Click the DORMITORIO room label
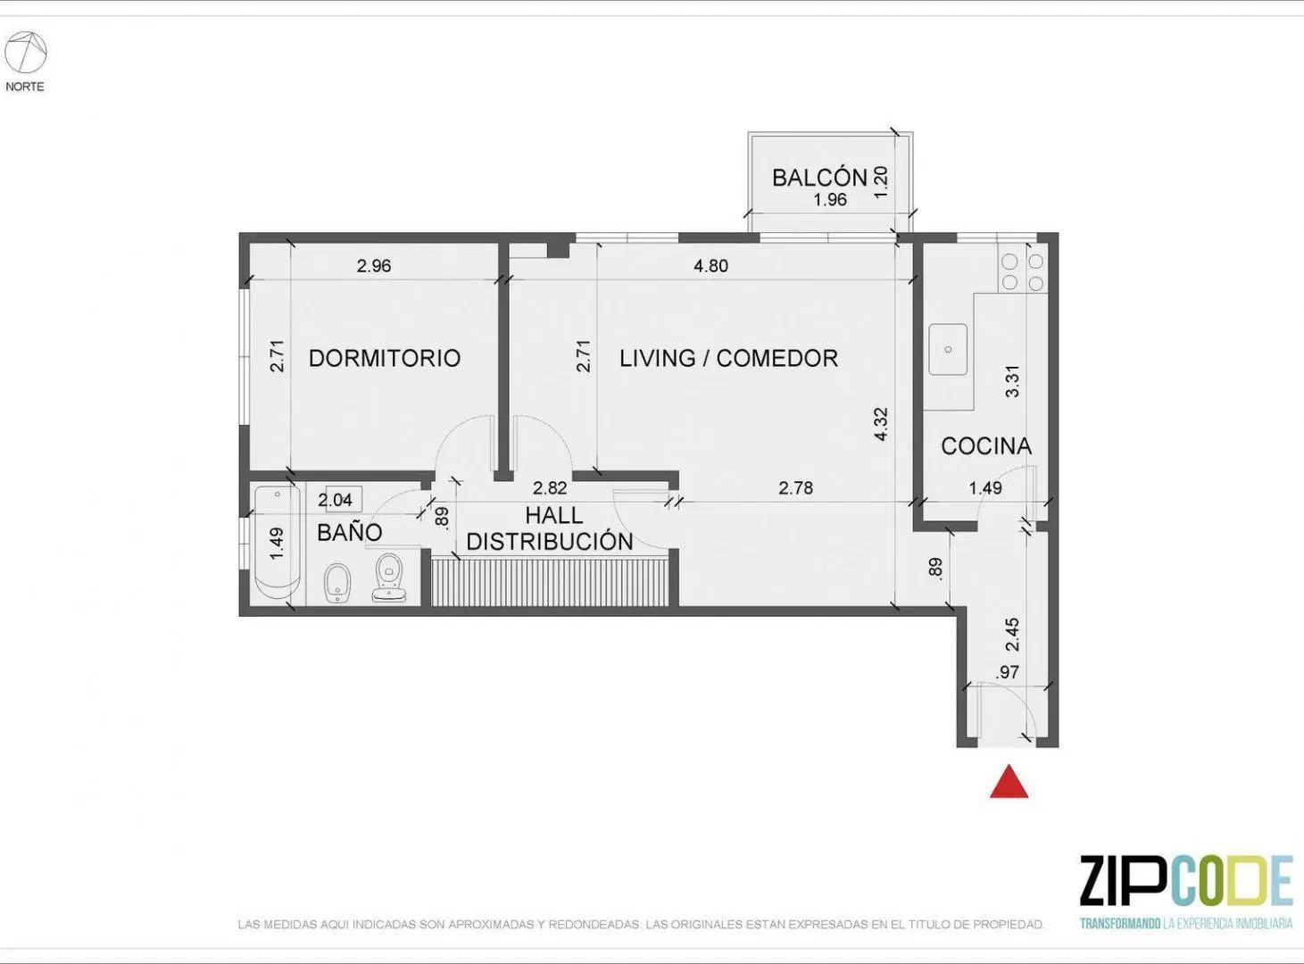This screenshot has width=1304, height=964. (385, 358)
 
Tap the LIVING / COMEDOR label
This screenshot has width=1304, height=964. (728, 358)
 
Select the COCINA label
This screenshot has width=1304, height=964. (986, 446)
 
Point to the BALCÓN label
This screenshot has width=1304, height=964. (819, 177)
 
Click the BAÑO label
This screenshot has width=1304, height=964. (349, 532)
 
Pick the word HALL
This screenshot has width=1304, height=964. (553, 516)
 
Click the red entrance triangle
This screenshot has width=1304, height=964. (1009, 781)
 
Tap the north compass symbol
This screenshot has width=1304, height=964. (25, 53)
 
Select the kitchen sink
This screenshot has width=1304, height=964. (948, 349)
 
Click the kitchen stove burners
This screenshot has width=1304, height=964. (1023, 271)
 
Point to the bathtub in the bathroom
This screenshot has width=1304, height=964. (278, 544)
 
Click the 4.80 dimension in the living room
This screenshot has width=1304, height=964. (710, 266)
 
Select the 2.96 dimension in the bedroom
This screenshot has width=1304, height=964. (374, 266)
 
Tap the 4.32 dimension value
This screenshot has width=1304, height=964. (881, 424)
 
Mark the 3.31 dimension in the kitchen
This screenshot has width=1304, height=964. (1012, 382)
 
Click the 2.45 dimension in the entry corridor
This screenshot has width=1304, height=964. (1012, 634)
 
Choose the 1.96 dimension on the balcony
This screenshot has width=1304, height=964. (830, 200)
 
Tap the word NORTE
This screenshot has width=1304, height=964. (25, 87)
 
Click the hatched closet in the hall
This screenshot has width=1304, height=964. (551, 582)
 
